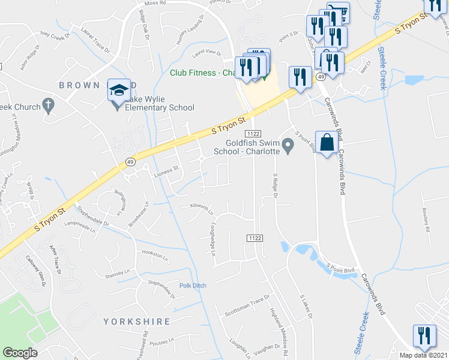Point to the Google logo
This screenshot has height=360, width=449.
20,353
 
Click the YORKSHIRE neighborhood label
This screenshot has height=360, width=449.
137,322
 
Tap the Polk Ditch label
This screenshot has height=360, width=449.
193,286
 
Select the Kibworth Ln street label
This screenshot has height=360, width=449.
202,208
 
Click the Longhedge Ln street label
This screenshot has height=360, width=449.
212,238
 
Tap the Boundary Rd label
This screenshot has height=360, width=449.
427,220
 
